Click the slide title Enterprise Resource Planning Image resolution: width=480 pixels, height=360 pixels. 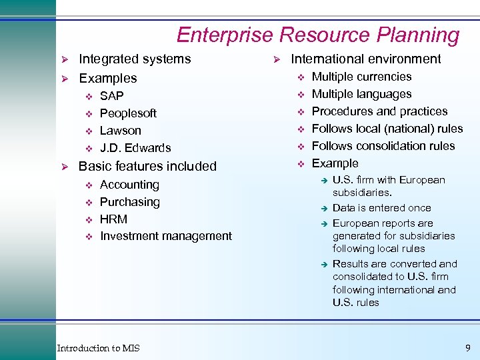(318, 35)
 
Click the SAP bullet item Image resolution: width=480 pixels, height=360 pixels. (111, 96)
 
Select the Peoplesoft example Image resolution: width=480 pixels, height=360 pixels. (128, 113)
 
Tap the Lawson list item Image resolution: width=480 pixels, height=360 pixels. (120, 131)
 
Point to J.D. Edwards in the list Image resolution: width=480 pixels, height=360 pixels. (135, 148)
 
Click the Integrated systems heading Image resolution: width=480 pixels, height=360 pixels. (135, 59)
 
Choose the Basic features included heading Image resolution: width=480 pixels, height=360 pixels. (147, 166)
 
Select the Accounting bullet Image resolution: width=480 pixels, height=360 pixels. (129, 185)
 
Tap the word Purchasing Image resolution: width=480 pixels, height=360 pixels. (130, 202)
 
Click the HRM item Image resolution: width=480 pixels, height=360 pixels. (113, 219)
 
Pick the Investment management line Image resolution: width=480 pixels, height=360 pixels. (166, 236)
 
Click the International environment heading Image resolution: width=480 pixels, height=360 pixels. (366, 59)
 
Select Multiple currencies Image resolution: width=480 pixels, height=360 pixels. (362, 77)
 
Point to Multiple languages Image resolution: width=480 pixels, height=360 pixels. (362, 95)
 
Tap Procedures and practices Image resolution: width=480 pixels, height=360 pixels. (380, 111)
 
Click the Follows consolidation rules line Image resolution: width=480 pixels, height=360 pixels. (383, 146)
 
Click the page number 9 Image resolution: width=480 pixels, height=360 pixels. (467, 347)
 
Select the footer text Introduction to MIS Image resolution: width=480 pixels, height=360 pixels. (99, 348)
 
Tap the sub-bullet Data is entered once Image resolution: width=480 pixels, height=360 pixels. (382, 208)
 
